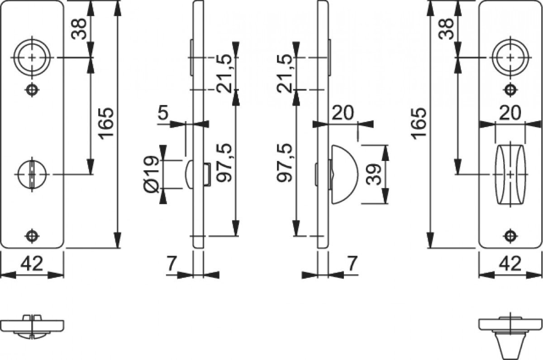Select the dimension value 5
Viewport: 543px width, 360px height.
coord(164,113)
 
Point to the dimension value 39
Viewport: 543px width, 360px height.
coord(374,174)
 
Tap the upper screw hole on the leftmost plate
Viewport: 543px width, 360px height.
coord(32,90)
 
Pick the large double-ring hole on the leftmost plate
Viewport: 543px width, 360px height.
coord(32,58)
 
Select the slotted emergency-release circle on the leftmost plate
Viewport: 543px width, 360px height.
coord(32,174)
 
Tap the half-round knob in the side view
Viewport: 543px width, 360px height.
coord(344,174)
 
